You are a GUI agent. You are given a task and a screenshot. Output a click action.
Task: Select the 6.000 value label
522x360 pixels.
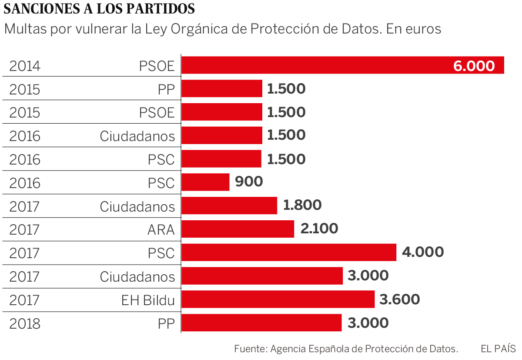coord(474,66)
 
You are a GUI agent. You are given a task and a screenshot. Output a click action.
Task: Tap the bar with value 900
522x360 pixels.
coord(205,182)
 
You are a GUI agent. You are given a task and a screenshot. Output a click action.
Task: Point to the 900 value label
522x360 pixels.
coord(249,182)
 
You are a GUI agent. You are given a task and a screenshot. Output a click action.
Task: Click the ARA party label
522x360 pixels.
coord(161,229)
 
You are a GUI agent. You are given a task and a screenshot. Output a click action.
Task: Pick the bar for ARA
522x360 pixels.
coord(238,229)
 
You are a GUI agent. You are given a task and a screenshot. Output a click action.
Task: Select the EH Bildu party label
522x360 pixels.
coord(148,300)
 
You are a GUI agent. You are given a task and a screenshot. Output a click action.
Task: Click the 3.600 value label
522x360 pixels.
coord(400,299)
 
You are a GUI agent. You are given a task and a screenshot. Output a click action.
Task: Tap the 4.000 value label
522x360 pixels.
coord(423,252)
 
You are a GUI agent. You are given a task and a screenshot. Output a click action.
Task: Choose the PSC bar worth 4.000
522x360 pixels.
coord(289,252)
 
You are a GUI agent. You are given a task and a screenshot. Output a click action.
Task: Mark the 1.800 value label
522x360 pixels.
coord(302,205)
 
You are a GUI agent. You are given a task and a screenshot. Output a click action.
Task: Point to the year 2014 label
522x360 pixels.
coord(25,66)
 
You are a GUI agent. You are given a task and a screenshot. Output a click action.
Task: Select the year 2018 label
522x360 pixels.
coord(25,324)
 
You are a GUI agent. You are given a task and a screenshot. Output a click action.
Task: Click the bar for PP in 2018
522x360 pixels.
coord(261,323)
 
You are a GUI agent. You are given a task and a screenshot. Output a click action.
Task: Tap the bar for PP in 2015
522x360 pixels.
coord(222,89)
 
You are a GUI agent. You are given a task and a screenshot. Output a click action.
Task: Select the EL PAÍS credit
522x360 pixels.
coord(498,349)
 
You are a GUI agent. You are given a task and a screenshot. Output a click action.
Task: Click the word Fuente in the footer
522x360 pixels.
coord(250,349)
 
